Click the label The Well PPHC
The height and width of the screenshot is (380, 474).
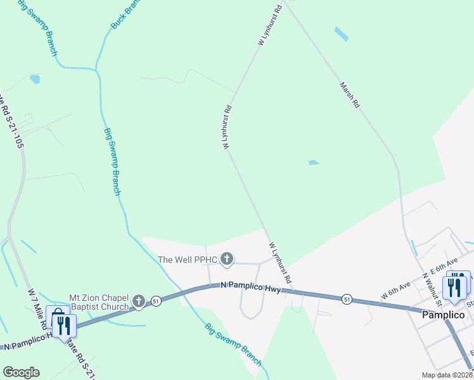pos(188,259)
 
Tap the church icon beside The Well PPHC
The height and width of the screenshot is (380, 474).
pos(227,259)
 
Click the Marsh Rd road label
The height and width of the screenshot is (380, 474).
pos(349,95)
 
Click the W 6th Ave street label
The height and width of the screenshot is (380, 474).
pos(397,291)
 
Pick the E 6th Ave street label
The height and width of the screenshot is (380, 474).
pos(443,267)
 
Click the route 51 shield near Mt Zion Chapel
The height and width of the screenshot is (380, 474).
pos(156,301)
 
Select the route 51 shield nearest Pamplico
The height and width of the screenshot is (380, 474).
pos(346,298)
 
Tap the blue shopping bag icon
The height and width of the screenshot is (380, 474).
pos(57,316)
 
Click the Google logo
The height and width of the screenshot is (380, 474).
pos(21,372)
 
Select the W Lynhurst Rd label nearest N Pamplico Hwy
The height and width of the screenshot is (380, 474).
pos(280,262)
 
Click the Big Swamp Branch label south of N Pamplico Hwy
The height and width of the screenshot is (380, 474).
pos(233,345)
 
